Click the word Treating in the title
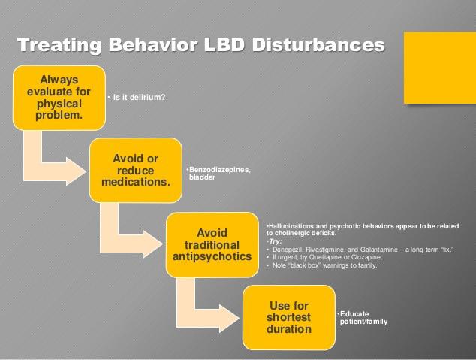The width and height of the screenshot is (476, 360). click(x=59, y=45)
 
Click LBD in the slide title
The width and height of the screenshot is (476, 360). click(x=224, y=44)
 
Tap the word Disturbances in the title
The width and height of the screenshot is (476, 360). click(x=318, y=44)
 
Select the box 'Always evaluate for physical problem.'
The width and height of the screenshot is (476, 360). click(x=59, y=98)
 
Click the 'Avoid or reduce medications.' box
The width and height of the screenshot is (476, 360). click(x=136, y=170)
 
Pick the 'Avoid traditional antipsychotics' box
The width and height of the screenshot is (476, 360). click(x=212, y=245)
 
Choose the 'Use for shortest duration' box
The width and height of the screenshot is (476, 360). click(x=289, y=317)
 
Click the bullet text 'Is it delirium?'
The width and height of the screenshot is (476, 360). click(x=139, y=97)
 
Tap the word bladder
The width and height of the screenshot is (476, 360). click(x=202, y=177)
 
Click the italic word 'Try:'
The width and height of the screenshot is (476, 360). click(x=275, y=241)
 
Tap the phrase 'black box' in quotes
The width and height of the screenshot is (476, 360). click(x=306, y=265)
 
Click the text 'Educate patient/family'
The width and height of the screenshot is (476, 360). click(x=363, y=317)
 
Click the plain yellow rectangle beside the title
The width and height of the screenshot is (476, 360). click(x=440, y=68)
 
